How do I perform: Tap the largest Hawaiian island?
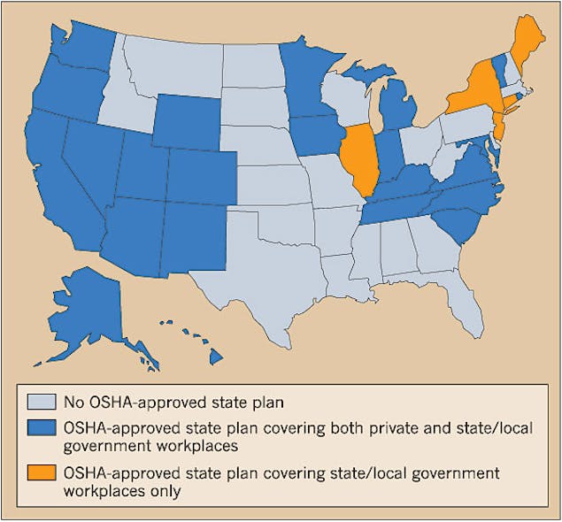point(214,356)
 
